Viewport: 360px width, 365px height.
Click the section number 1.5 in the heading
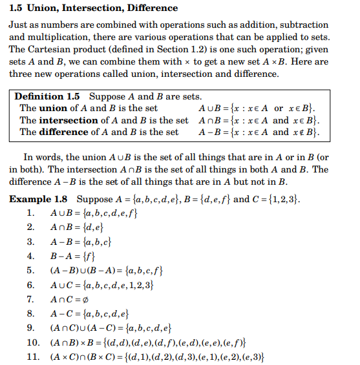pos(17,8)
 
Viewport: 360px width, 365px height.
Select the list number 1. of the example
pos(30,213)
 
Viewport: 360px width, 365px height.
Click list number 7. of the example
pos(30,299)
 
